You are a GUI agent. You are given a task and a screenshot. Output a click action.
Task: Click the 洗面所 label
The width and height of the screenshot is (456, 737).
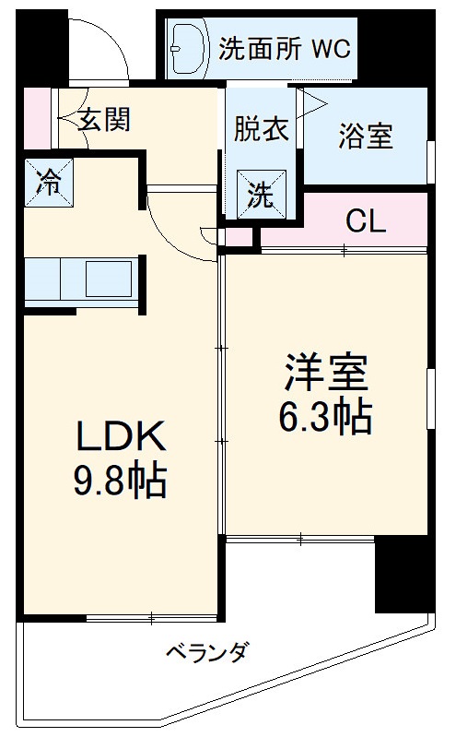[x=261, y=49]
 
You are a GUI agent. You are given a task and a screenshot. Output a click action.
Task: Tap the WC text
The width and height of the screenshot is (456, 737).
[x=330, y=49]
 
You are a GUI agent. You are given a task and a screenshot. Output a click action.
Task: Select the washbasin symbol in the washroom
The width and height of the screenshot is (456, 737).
[x=192, y=48]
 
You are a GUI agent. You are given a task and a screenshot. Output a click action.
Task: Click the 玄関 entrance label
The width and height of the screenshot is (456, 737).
[x=103, y=119]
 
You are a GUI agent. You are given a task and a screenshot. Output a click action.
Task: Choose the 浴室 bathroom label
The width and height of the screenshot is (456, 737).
[x=365, y=136]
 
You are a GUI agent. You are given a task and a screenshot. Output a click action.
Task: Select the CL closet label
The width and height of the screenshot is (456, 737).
[x=366, y=220]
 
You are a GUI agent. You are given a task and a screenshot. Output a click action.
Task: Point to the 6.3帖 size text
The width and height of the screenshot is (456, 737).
[x=325, y=418]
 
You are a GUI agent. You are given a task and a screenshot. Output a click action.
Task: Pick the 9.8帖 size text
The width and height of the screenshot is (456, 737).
[x=119, y=481]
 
